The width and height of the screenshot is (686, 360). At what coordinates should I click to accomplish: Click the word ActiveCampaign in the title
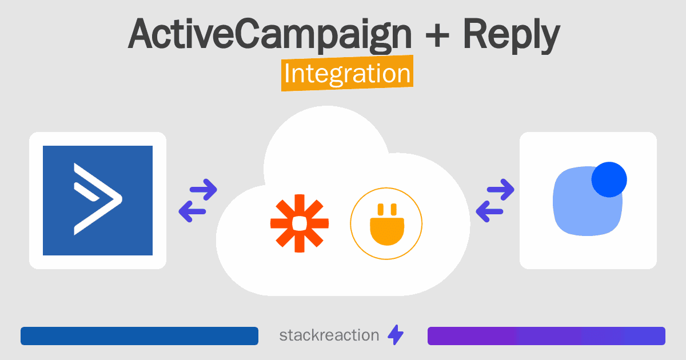[x=269, y=34]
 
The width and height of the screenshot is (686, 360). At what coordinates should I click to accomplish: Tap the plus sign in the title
[x=437, y=36]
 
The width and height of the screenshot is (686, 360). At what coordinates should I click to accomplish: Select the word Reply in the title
[x=512, y=35]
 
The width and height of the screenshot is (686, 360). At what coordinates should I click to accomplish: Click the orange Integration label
[x=348, y=73]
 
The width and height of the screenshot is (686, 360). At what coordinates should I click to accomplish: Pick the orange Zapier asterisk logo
[x=300, y=223]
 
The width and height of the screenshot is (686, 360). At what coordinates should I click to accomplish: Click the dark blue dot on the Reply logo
[x=609, y=179]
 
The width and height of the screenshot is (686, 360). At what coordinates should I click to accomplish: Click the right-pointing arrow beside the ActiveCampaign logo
[x=204, y=190]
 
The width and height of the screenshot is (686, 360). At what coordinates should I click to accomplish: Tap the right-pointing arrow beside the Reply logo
[x=501, y=190]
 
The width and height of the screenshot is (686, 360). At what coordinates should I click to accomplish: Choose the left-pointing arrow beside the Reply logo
[x=489, y=211]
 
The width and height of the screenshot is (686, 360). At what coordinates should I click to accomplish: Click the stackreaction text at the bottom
[x=329, y=335]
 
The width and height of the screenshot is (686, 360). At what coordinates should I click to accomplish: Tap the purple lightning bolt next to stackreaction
[x=396, y=335]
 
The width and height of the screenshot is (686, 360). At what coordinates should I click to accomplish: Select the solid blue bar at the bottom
[x=139, y=336]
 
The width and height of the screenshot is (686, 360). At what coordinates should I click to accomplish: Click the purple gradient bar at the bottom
[x=547, y=336]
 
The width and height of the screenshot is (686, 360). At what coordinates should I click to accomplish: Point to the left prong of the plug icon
[x=381, y=209]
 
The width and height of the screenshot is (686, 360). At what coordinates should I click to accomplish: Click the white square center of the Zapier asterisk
[x=300, y=223]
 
